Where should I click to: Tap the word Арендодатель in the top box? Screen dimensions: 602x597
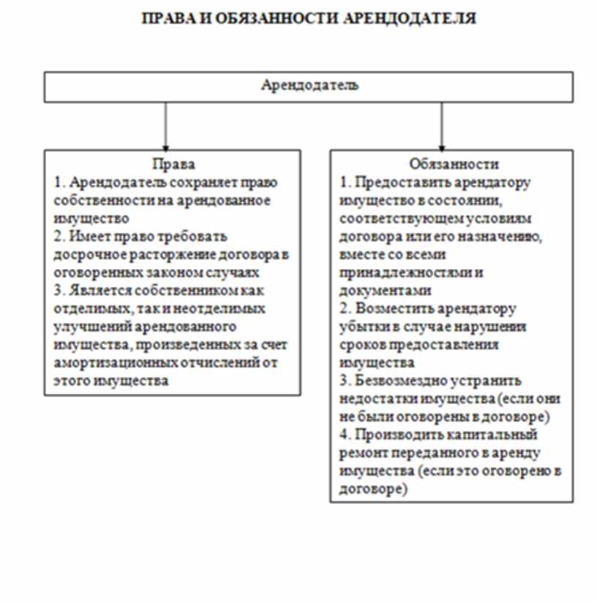click(309, 85)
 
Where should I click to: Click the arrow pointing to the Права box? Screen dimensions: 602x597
click(166, 128)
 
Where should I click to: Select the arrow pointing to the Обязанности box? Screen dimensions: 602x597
click(441, 128)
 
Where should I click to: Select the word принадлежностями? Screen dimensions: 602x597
click(387, 272)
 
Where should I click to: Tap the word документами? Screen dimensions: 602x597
click(372, 290)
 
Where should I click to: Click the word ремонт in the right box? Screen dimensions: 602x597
click(358, 453)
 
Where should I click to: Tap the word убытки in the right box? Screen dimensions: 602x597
click(364, 326)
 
